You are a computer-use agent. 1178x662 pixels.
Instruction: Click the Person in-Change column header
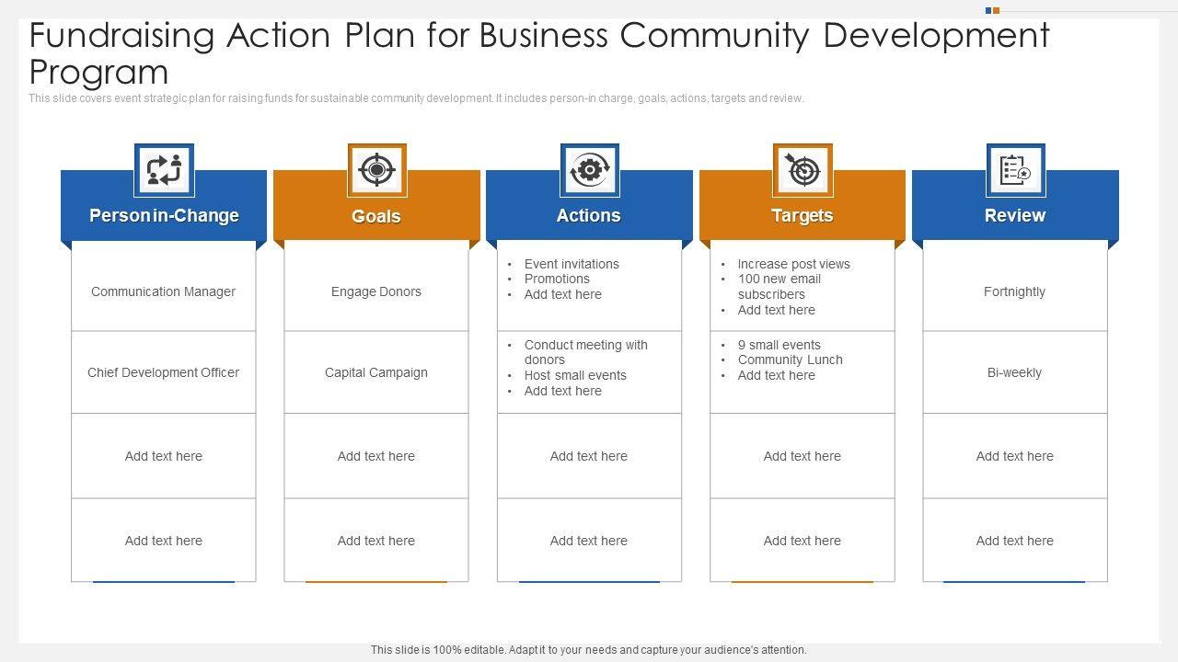coord(164,216)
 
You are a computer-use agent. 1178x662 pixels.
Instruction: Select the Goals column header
coord(376,217)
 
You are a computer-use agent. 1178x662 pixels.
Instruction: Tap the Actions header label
coord(589,216)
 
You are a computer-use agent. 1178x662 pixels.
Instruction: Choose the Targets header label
coord(803,216)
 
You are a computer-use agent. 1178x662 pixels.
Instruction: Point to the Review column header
coord(1015,216)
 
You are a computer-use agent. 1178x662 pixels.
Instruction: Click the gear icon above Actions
coord(590,170)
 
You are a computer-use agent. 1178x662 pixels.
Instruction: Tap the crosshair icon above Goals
coord(376,170)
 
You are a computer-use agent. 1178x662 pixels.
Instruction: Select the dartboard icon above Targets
coord(803,170)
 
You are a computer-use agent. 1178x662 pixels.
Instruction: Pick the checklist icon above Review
coord(1015,170)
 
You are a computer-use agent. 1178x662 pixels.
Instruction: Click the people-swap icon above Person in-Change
coord(164,170)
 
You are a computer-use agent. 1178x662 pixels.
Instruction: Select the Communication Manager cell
coord(164,291)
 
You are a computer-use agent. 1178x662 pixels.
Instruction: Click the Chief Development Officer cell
coord(164,372)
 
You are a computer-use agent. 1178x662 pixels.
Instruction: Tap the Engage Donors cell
coord(376,291)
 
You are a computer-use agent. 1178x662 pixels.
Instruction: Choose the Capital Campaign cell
coord(376,372)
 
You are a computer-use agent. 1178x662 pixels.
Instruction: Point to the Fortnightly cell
coord(1014,291)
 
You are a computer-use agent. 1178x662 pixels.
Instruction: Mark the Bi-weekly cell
coord(1014,372)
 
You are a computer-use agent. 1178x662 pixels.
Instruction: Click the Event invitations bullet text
coord(572,264)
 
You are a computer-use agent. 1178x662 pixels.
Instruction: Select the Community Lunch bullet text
coord(790,360)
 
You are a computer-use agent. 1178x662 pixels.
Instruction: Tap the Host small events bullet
coord(575,375)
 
